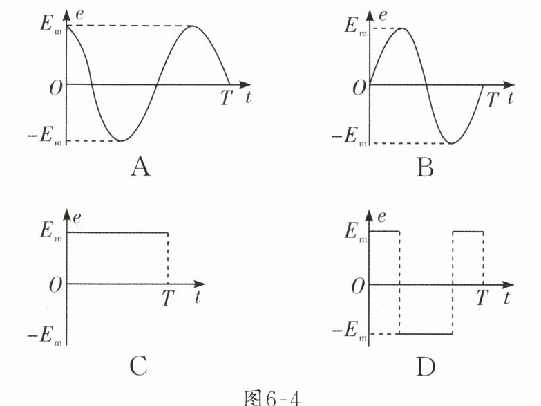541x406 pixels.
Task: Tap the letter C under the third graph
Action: coord(138,364)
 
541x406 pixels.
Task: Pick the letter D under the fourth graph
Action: coord(426,364)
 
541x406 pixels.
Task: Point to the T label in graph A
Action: coord(227,98)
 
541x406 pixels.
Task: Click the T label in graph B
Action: coord(491,100)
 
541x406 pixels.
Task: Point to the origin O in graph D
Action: coord(357,285)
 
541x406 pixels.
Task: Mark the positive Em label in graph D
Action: coord(354,232)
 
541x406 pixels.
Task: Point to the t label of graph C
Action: coord(198,298)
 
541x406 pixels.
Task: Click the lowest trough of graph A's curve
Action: coord(122,140)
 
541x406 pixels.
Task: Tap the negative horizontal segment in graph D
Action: coord(426,334)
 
